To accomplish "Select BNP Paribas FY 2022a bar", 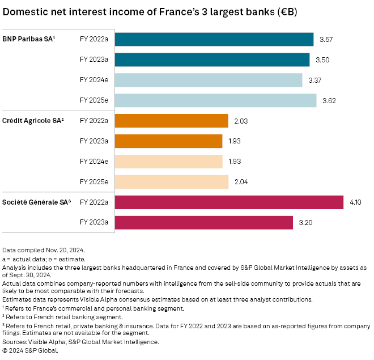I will coord(214,39).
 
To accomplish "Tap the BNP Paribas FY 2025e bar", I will coord(215,100).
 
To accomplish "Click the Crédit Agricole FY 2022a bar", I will coord(171,121).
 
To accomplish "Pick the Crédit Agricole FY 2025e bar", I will coord(171,182).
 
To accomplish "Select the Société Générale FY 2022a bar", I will coord(229,202).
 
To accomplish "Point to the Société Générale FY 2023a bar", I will coord(203,223).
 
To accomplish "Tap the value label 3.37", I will coord(314,80).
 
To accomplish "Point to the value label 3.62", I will coord(329,100).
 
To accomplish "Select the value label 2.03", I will coord(241,121).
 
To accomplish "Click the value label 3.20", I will coord(305,223).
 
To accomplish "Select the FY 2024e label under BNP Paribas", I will coord(94,80).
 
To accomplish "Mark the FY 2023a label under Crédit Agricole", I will coord(94,141).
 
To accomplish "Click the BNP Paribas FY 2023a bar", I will coord(212,60).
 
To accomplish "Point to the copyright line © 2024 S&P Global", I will coord(31,350).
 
